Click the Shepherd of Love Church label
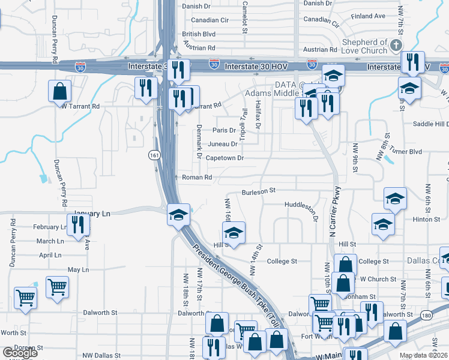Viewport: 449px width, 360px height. pyautogui.click(x=364, y=47)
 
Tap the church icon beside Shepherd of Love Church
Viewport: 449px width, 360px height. pyautogui.click(x=396, y=46)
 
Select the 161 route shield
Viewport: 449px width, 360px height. pyautogui.click(x=155, y=155)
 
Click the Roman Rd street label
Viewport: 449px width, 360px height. pyautogui.click(x=197, y=178)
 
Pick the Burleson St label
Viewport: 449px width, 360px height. pyautogui.click(x=258, y=191)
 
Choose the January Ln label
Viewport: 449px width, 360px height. pyautogui.click(x=93, y=214)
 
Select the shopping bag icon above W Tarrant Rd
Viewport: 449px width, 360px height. pyautogui.click(x=60, y=92)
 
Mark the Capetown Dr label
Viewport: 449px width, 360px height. pyautogui.click(x=224, y=158)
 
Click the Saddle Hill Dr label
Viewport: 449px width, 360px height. pyautogui.click(x=418, y=124)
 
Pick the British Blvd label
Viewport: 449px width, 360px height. pyautogui.click(x=199, y=34)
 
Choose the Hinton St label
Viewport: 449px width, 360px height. pyautogui.click(x=426, y=220)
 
